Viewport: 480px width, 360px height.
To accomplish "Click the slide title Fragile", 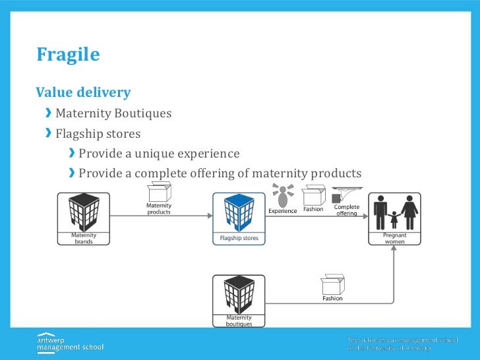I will point(68,55).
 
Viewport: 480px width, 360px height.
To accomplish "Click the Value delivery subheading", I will point(83,92).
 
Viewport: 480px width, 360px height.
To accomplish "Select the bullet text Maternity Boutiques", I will point(113,113).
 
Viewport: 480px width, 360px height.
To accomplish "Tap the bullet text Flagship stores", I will point(98,134).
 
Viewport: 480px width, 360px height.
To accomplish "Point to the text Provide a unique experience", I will point(158,154).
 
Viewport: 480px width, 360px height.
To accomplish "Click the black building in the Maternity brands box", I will point(84,212).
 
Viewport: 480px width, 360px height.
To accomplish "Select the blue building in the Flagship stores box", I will point(238,212).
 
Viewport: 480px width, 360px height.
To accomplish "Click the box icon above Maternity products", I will point(158,193).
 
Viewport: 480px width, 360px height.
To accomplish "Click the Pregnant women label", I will point(395,238).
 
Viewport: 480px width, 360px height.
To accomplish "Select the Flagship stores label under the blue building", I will point(239,238).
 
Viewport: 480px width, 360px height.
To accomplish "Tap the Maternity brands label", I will point(84,238).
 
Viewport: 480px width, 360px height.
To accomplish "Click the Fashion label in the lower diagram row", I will point(332,298).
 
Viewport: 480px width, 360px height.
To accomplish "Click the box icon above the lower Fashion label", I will point(332,284).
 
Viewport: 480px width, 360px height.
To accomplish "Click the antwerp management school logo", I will point(70,342).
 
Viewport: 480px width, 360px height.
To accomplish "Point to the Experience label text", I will point(283,210).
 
